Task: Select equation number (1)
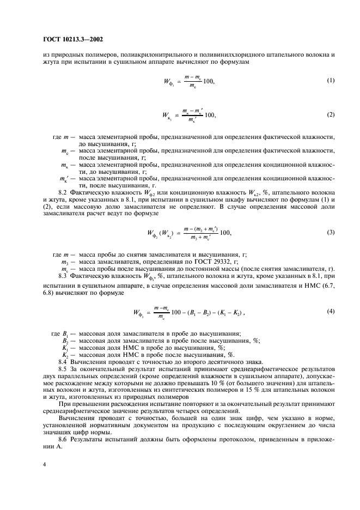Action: (x=331, y=81)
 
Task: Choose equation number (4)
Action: (x=331, y=311)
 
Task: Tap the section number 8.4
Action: (x=64, y=362)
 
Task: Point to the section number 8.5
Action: (x=64, y=369)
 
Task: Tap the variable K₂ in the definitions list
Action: (x=65, y=354)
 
